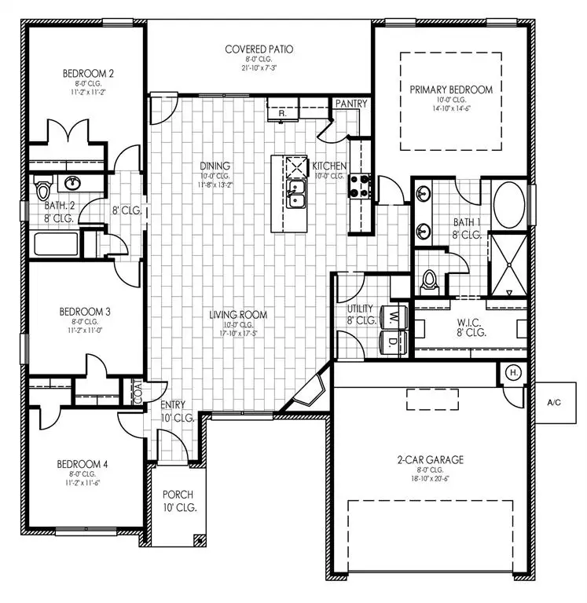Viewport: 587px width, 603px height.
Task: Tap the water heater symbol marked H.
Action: tap(512, 372)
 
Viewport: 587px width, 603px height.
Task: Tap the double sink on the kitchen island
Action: tap(296, 194)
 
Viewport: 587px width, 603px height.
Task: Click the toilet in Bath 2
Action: tap(43, 190)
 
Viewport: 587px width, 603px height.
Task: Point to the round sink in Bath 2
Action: tap(73, 184)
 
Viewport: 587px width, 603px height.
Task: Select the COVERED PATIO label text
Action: tap(259, 49)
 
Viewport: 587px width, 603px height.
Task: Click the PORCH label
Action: tap(178, 495)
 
